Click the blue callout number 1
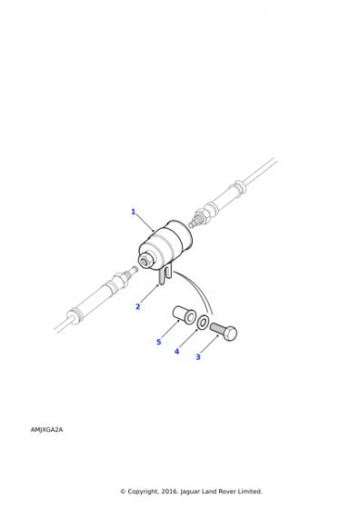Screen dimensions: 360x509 [x=133, y=212]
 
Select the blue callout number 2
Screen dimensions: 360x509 [x=137, y=306]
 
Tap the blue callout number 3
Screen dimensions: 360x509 [x=198, y=356]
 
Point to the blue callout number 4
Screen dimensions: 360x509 [x=177, y=351]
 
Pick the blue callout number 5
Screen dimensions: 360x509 [x=159, y=342]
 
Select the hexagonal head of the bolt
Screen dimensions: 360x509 [x=230, y=333]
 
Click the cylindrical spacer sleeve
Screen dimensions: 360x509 [x=184, y=314]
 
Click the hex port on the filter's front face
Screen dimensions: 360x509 [x=144, y=260]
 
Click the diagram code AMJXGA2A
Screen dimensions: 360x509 [x=46, y=429]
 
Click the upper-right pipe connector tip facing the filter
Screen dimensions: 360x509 [x=191, y=224]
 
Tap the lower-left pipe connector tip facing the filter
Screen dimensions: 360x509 [x=135, y=269]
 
